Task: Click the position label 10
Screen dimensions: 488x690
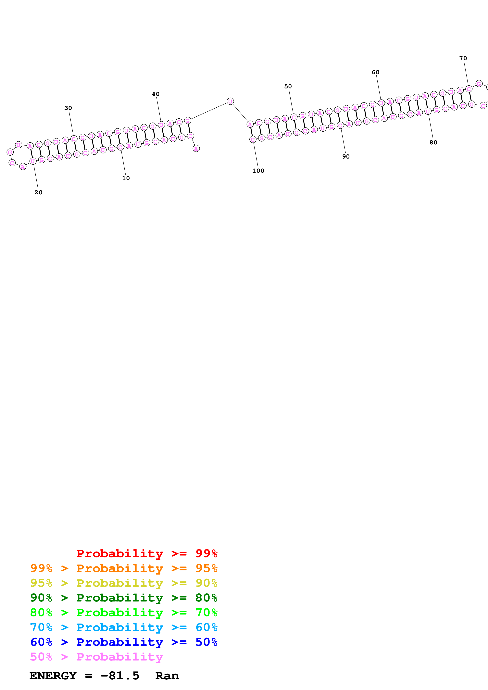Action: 126,178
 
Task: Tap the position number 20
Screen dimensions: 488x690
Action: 39,192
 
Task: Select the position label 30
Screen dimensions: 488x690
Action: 68,108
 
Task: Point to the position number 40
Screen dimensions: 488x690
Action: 156,94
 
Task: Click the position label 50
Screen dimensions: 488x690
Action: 288,87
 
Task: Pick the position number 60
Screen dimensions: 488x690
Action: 376,72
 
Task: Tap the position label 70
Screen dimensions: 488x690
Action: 463,58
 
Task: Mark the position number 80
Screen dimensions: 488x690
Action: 433,142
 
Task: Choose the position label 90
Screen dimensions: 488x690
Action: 346,157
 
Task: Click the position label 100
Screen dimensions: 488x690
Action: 258,171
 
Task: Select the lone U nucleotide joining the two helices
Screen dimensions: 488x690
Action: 230,101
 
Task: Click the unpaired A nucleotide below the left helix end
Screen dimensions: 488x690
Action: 196,149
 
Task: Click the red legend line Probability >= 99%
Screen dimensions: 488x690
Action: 147,553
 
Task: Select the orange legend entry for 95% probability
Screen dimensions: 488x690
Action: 124,568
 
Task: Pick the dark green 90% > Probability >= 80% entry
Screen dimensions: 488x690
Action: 124,598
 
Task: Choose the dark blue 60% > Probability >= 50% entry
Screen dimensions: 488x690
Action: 124,642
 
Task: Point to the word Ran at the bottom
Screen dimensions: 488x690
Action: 167,676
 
